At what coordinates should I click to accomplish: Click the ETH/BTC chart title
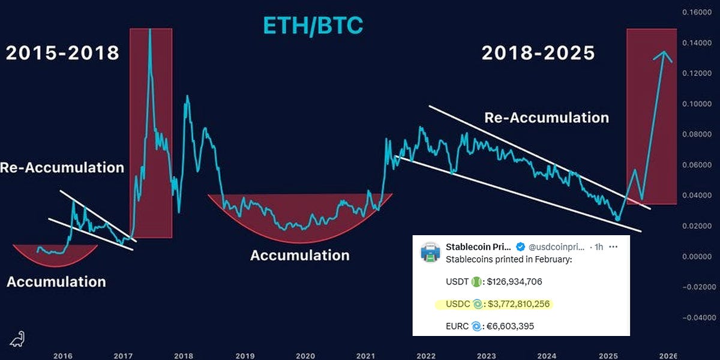coord(313,26)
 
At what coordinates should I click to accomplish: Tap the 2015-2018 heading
coord(62,53)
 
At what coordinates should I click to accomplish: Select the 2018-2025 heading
coord(538,53)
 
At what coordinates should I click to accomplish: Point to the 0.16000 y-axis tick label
coord(697,12)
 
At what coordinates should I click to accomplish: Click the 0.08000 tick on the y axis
coord(697,134)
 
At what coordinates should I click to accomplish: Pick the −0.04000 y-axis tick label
coord(697,317)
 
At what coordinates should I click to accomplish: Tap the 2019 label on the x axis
coord(245,356)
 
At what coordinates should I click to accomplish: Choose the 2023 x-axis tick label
coord(487,356)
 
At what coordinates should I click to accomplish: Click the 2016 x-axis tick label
coord(63,356)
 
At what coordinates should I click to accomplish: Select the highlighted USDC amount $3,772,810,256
coord(518,304)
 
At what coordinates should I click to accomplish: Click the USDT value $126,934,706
coord(514,281)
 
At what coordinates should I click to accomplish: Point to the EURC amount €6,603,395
coord(510,326)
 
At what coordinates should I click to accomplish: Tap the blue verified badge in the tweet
coord(520,247)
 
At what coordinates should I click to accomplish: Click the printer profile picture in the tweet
coord(430,253)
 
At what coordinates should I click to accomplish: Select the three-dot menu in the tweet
coord(613,247)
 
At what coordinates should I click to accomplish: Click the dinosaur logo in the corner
coord(17,339)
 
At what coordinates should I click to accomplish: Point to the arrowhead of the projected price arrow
coord(663,52)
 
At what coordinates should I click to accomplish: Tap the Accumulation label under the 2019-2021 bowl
coord(300,256)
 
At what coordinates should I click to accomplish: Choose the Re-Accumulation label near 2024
coord(547,118)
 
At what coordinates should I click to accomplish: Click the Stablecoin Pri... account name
coord(478,247)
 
